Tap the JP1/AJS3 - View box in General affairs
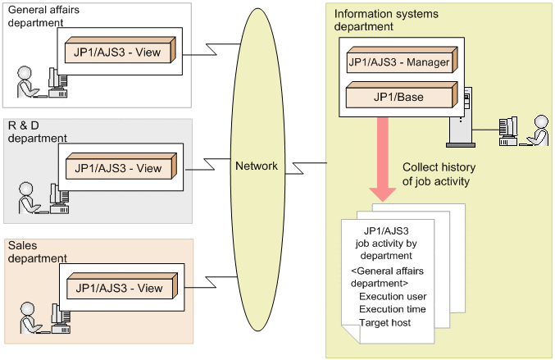120,53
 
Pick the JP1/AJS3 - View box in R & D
120,168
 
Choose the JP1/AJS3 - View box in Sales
120,288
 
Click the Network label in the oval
257,166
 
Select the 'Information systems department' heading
386,20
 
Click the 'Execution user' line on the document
393,296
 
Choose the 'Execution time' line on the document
393,309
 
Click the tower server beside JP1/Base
462,123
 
